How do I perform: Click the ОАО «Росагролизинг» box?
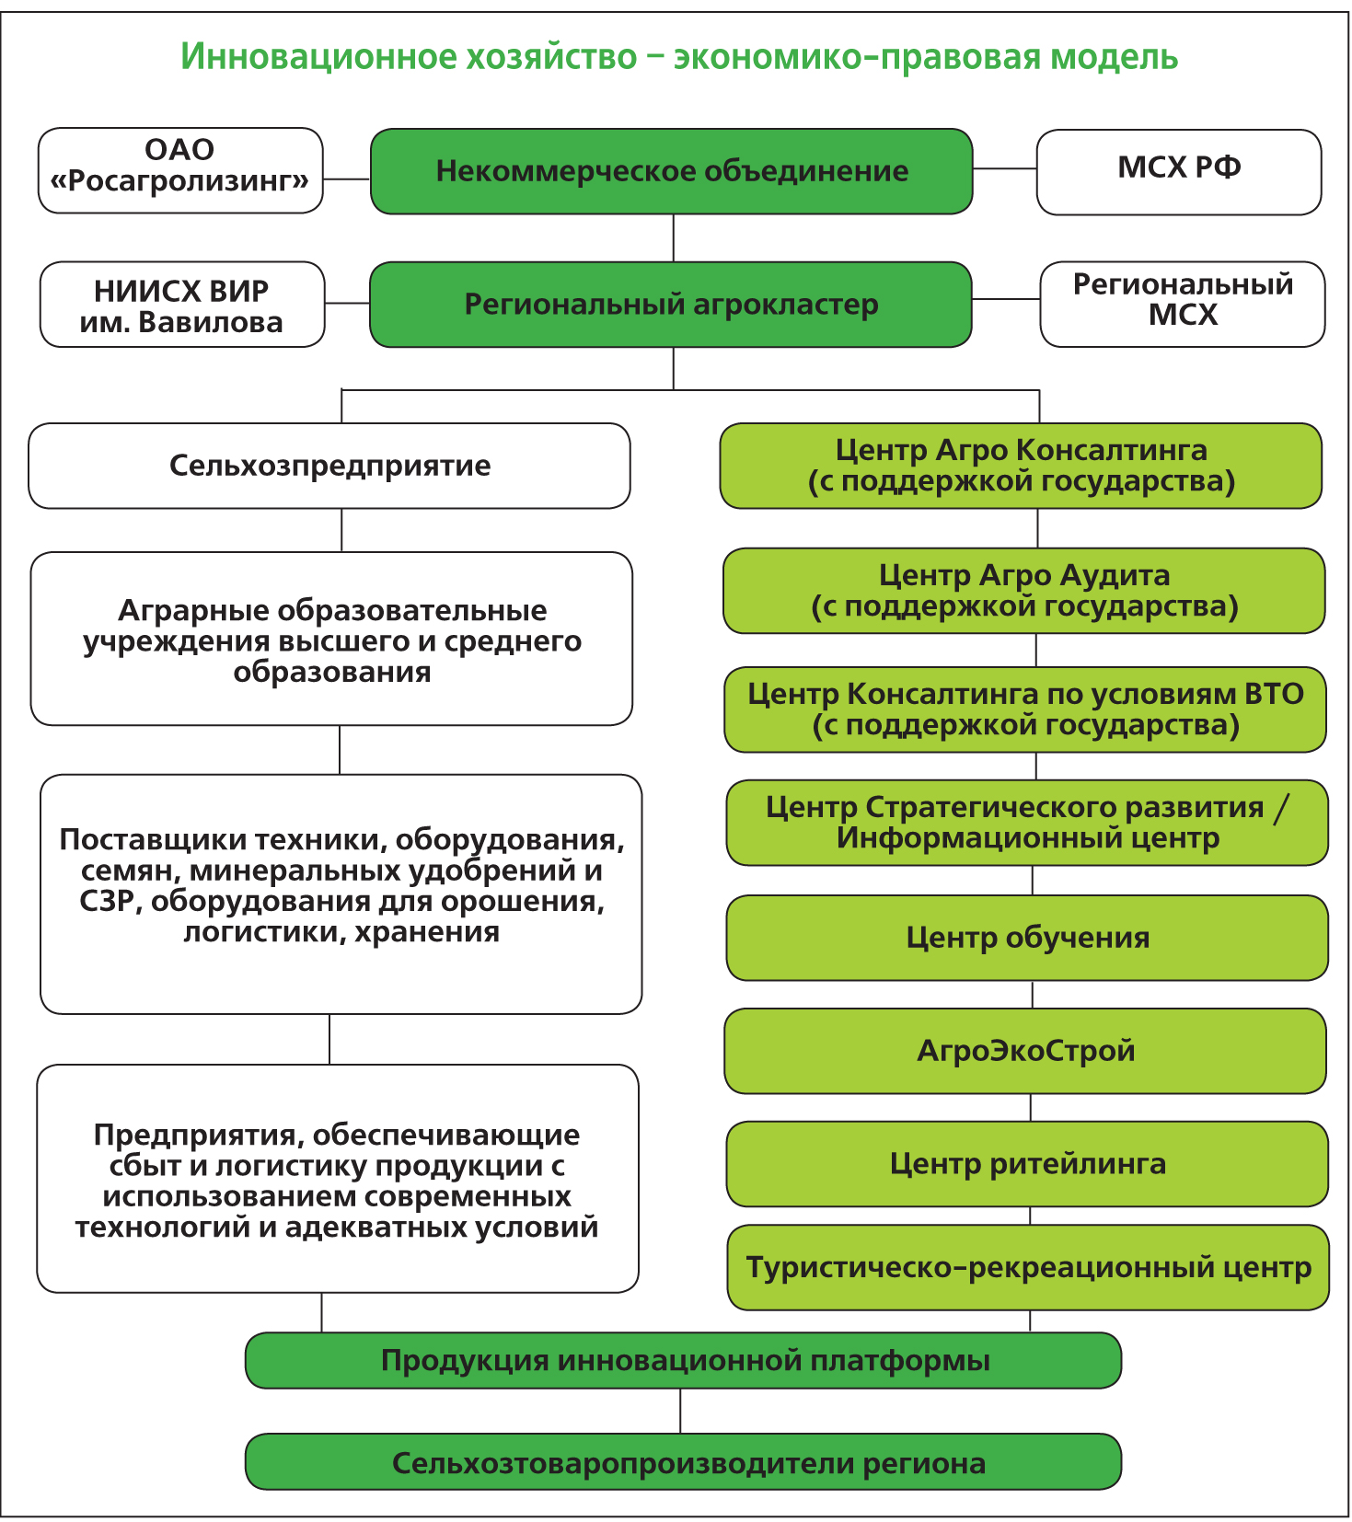180,171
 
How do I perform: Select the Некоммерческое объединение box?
672,171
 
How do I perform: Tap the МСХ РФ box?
1179,171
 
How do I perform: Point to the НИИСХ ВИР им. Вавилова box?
182,305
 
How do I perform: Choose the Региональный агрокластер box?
671,305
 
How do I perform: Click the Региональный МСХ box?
1183,305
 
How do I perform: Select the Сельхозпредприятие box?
329,466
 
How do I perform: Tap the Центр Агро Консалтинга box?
1021,466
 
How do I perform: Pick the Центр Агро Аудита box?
1024,591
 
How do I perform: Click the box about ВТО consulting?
1025,709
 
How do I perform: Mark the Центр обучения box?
1027,938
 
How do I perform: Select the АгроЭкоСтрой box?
1025,1051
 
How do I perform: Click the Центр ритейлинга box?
1027,1164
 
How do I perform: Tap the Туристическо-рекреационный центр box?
1028,1267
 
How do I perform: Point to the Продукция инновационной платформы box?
683,1360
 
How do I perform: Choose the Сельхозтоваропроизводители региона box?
683,1461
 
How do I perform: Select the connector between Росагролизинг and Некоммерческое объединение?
347,179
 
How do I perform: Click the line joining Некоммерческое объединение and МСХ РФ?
1005,169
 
